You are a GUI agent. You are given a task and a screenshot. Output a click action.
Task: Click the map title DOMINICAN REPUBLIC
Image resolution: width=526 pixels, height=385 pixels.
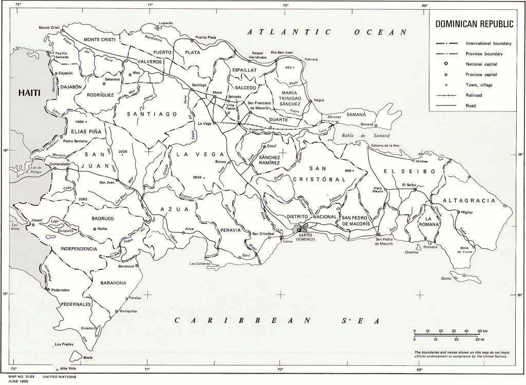pos(474,24)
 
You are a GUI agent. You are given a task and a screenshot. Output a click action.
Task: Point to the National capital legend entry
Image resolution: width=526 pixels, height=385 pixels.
pos(482,64)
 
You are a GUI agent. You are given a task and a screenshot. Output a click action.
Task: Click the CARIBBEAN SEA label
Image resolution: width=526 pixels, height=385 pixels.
pos(277,321)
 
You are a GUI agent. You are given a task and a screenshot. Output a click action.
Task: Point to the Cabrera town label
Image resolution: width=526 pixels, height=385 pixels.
pos(311,59)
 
